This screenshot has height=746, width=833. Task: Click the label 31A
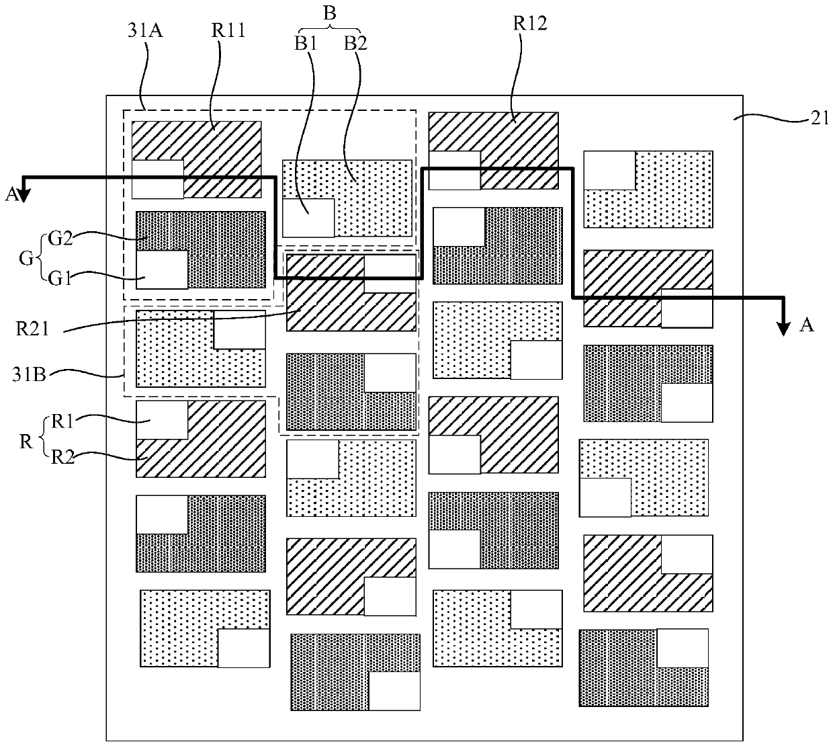(145, 30)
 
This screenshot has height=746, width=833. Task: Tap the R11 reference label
(228, 30)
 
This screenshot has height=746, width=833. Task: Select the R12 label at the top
(530, 24)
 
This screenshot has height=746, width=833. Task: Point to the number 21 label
(820, 118)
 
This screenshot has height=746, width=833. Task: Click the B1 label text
(306, 43)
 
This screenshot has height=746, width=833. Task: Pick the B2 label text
(355, 43)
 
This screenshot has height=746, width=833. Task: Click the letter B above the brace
(330, 13)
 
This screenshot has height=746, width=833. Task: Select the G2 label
(60, 238)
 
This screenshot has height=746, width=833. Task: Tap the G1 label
(60, 278)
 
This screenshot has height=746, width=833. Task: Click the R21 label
(32, 329)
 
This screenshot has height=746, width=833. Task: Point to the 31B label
(29, 375)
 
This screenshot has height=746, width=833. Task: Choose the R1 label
(62, 421)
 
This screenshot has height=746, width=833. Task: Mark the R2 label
(62, 457)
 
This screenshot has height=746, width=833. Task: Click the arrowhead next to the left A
(24, 195)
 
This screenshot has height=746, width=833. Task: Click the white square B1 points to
(308, 218)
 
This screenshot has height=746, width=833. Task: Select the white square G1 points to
(162, 270)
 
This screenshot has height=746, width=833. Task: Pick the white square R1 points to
(162, 420)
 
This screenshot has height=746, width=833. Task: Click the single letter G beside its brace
(26, 259)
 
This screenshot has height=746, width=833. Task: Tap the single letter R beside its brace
(26, 442)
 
